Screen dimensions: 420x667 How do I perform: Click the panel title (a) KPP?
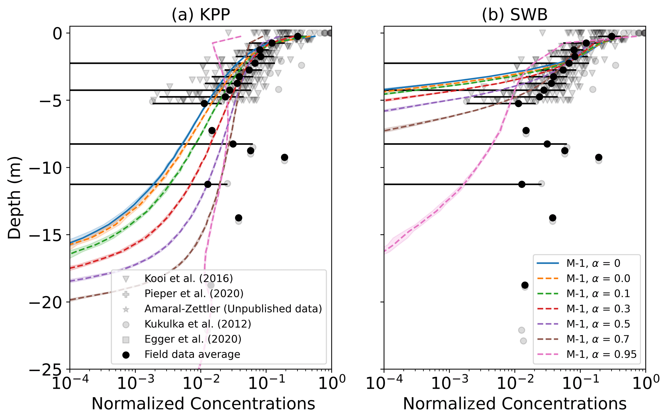point(200,15)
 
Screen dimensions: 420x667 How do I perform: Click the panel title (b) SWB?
point(515,15)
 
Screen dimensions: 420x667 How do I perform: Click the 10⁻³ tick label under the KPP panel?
point(135,383)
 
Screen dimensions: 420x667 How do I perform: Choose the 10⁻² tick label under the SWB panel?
point(514,383)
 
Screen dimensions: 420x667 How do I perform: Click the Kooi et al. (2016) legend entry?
point(188,278)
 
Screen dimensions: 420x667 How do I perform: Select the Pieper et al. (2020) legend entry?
point(194,293)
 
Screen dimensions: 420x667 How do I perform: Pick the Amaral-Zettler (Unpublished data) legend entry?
point(233,308)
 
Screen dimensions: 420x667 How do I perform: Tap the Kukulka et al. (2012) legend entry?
point(197,324)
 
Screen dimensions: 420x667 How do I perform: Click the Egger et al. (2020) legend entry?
point(193,339)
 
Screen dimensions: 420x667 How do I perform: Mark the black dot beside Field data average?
point(126,355)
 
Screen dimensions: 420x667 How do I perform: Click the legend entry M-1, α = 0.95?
point(601,354)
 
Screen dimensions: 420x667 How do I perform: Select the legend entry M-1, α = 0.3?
point(598,308)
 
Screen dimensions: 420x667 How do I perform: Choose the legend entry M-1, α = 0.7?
point(598,339)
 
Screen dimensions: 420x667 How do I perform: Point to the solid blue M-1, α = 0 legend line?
point(548,263)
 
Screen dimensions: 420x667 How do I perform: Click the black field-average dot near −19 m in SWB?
point(525,285)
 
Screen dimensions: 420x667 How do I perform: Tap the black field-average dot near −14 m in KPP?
point(238,218)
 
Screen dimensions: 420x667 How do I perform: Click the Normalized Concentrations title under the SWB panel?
point(515,404)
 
